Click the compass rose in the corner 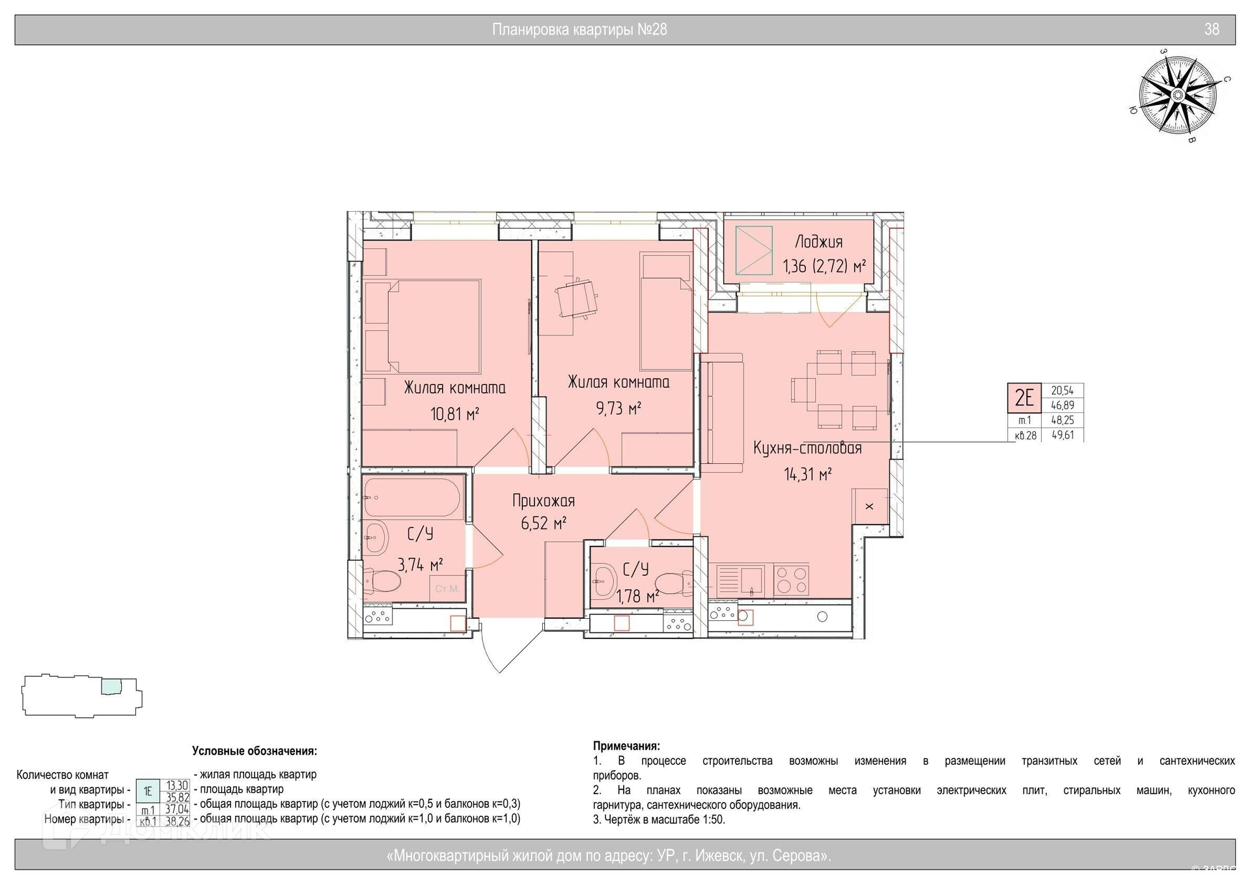pyautogui.click(x=1177, y=96)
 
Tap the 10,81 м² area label pyautogui.click(x=454, y=414)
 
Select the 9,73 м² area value pyautogui.click(x=618, y=408)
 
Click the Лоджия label pyautogui.click(x=818, y=242)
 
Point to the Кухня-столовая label pyautogui.click(x=807, y=448)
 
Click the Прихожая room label pyautogui.click(x=544, y=501)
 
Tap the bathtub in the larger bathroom pyautogui.click(x=412, y=498)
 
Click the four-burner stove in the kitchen pyautogui.click(x=791, y=579)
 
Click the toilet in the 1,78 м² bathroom pyautogui.click(x=671, y=581)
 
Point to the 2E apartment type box pyautogui.click(x=1025, y=397)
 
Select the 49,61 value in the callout pyautogui.click(x=1062, y=435)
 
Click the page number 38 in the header pyautogui.click(x=1212, y=29)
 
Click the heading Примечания pyautogui.click(x=626, y=746)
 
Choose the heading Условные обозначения pyautogui.click(x=255, y=751)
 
